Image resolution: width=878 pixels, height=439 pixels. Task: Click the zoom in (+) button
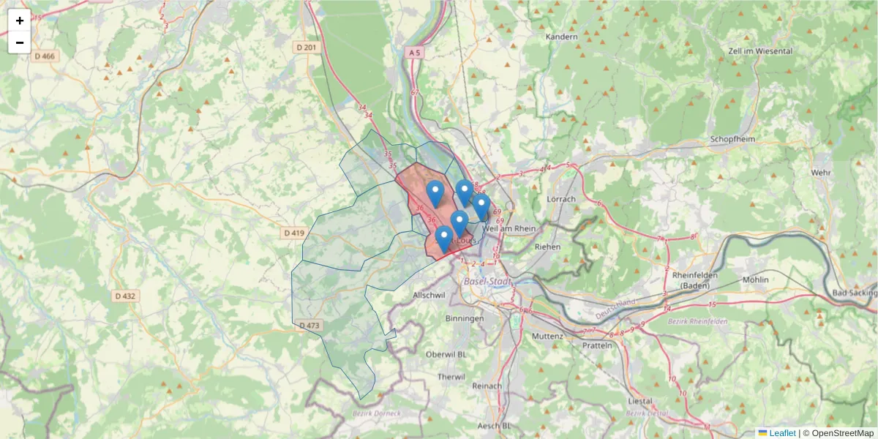(19, 20)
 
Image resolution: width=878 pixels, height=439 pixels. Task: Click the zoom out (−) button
(19, 42)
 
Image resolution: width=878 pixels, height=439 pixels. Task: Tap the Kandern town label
(561, 37)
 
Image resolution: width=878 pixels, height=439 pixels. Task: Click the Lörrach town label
(561, 198)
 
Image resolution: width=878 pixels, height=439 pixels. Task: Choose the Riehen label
(547, 247)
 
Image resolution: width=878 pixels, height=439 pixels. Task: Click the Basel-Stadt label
(486, 281)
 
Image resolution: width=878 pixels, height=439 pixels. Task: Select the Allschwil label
(429, 294)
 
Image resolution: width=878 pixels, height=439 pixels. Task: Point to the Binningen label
(465, 318)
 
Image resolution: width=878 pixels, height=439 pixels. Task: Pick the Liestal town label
(641, 401)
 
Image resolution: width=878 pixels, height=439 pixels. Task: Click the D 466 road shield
(44, 56)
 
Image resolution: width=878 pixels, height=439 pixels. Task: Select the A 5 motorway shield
(415, 53)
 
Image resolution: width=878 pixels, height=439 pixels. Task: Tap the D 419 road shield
(293, 233)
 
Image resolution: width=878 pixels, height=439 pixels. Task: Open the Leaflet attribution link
(781, 433)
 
